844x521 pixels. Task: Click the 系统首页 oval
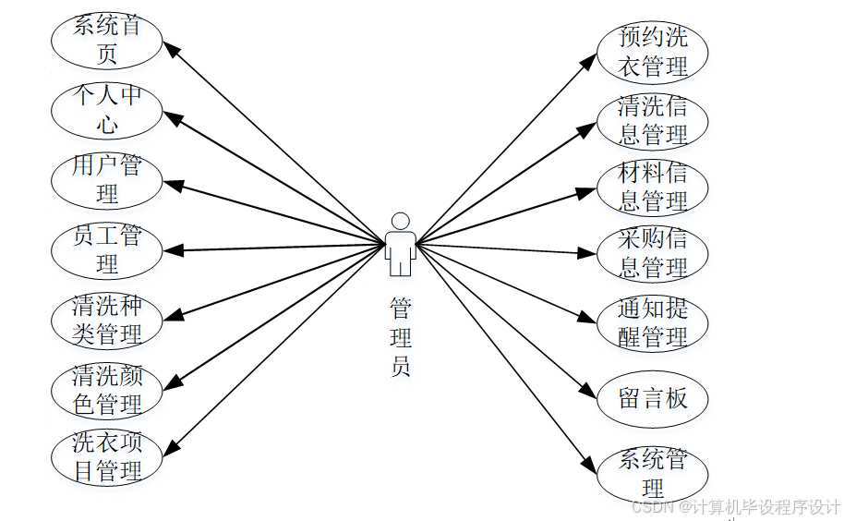(x=106, y=40)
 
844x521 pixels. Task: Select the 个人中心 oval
(x=106, y=110)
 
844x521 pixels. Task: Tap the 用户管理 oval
(x=106, y=180)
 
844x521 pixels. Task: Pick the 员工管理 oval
(x=106, y=250)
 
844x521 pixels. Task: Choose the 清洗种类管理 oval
(x=106, y=320)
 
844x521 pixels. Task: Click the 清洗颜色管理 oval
(x=106, y=390)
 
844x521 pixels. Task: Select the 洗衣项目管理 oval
(x=106, y=457)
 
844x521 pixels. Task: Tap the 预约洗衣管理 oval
(x=653, y=52)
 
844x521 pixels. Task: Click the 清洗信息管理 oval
(x=653, y=120)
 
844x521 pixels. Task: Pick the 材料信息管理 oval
(x=653, y=187)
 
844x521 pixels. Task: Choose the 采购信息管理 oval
(x=653, y=254)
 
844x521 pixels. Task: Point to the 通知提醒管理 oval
(x=653, y=322)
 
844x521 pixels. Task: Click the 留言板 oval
(x=653, y=398)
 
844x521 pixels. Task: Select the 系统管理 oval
(x=653, y=473)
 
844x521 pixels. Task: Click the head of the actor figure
(x=400, y=222)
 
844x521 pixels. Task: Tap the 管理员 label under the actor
(x=400, y=336)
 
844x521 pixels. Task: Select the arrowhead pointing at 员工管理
(x=172, y=249)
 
